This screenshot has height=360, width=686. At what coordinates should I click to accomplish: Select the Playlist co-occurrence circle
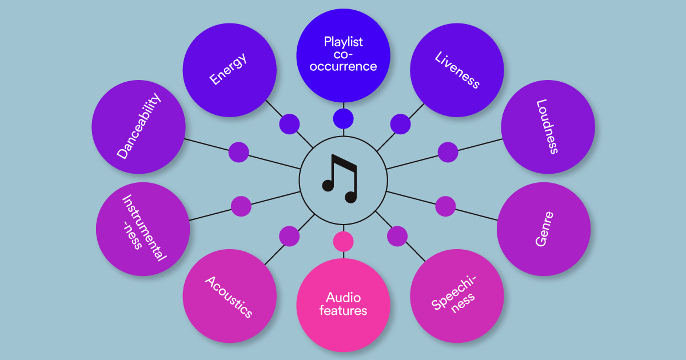343,55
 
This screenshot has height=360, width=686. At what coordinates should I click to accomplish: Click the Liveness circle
457,70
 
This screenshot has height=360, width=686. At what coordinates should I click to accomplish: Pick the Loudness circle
548,127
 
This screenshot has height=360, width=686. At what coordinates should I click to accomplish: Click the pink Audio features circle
343,305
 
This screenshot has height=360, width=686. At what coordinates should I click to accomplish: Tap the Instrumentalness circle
142,229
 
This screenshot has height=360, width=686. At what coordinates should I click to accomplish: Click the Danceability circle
138,127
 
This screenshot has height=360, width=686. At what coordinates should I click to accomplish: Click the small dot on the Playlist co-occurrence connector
343,119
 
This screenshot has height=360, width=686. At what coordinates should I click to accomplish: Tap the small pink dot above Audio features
343,242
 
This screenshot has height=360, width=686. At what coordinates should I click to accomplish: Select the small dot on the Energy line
289,123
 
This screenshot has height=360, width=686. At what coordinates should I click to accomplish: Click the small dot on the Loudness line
448,152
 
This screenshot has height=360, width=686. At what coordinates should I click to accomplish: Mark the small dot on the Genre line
445,206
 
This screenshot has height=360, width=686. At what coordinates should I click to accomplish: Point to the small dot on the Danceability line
238,152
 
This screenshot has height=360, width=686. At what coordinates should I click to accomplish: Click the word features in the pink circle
343,311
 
